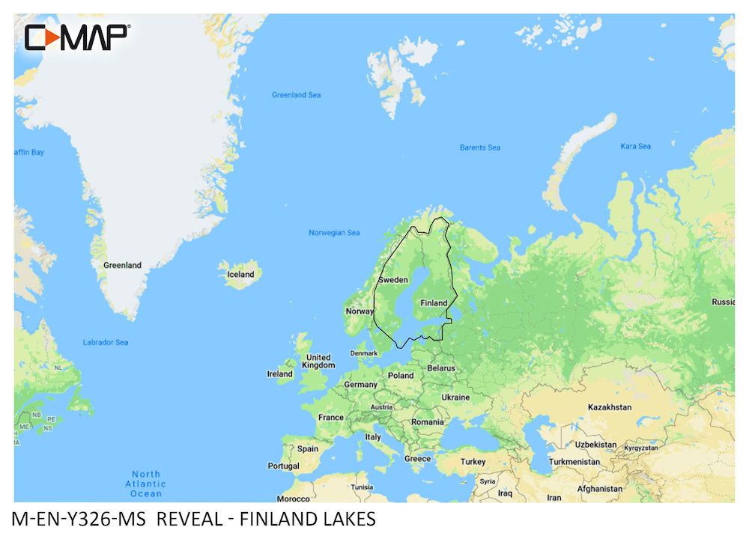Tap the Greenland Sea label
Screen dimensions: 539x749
[x=296, y=95]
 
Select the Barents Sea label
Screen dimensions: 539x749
[x=479, y=147]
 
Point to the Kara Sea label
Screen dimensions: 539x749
[x=635, y=146]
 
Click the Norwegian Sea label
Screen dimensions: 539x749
[x=334, y=233]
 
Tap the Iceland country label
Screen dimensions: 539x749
[x=240, y=275]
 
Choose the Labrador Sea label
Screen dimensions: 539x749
[x=106, y=342]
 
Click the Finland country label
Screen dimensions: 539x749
[x=434, y=303]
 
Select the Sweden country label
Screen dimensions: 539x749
[x=393, y=280]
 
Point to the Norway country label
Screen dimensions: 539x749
[x=360, y=311]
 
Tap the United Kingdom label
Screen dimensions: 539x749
[x=318, y=362]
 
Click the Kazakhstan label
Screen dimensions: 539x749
[x=610, y=407]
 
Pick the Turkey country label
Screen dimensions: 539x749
[x=473, y=462]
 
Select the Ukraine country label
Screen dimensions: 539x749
[x=455, y=398]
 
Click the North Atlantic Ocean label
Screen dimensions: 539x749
[x=146, y=484]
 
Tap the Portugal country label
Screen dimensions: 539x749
[x=283, y=466]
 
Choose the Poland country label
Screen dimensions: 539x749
[x=401, y=376]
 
